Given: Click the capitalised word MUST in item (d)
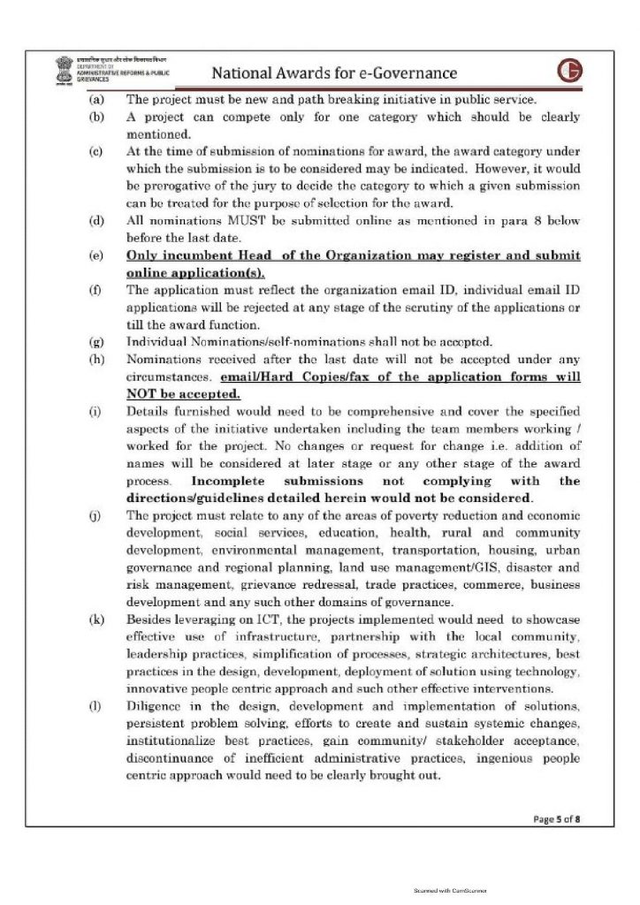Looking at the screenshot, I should (x=231, y=220).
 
